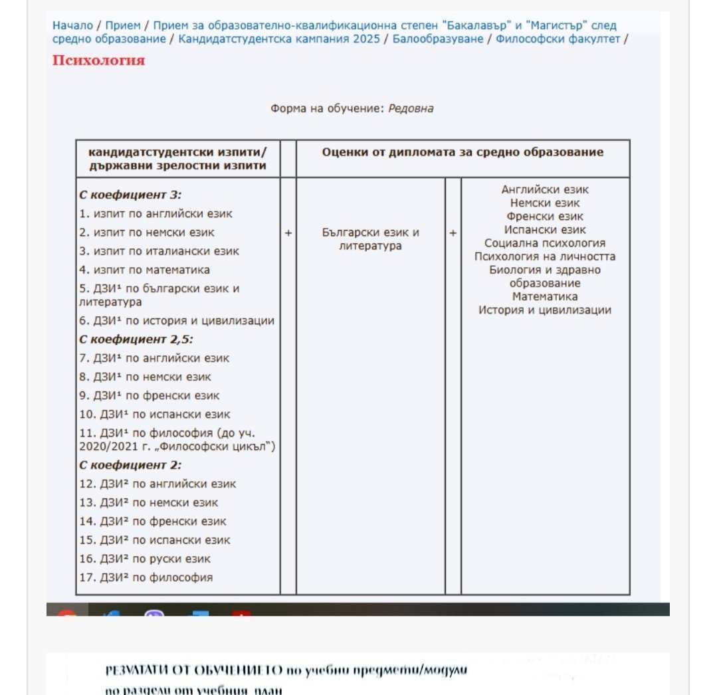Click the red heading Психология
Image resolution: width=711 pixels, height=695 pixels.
pos(98,60)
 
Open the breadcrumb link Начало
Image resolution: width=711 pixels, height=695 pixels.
pos(72,26)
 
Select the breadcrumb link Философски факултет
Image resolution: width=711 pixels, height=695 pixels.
pos(556,39)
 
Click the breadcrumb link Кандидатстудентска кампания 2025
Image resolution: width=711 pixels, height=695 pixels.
pos(279,39)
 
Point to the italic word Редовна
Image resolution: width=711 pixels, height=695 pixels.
pos(411,108)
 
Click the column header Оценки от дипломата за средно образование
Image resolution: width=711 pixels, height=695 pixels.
pos(462,152)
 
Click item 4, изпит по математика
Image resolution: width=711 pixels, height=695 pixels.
pos(144,270)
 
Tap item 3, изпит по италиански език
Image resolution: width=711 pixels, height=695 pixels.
pos(159,251)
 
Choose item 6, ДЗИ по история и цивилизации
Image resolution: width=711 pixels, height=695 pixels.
pos(176,321)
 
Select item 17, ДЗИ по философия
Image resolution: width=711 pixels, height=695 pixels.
pos(146,577)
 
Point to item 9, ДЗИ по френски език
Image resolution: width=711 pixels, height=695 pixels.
pos(149,395)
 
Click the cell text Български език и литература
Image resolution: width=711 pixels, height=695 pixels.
pos(370,239)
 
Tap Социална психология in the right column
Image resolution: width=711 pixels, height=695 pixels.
pos(545,243)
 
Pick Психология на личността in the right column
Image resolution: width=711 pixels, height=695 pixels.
pos(545,256)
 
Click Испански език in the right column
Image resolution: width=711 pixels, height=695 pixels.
pos(545,230)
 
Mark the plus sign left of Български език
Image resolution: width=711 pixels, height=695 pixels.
pos(288,233)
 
